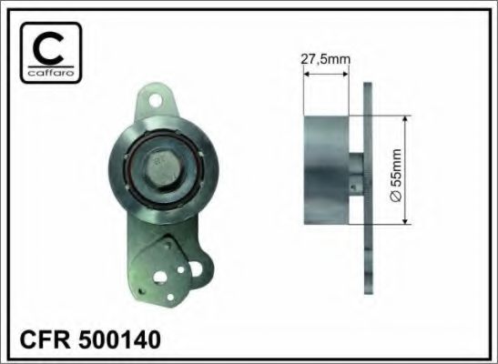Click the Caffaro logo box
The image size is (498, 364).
51,53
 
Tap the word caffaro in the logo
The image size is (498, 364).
51,74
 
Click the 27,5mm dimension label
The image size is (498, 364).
326,59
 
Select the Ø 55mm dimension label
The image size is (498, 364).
395,175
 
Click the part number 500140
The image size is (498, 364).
119,339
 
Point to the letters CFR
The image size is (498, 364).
46,339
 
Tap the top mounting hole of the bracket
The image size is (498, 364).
156,100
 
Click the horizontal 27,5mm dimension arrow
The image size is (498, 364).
326,75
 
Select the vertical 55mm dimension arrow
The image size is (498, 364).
405,170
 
